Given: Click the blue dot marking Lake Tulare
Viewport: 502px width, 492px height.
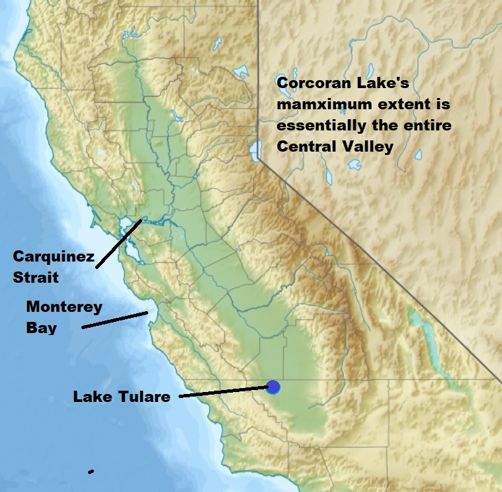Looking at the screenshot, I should [x=274, y=387].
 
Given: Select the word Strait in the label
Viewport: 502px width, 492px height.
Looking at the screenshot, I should [x=36, y=277].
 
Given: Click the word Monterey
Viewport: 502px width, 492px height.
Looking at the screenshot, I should [x=64, y=307].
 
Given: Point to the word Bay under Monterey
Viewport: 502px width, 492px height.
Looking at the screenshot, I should [x=41, y=327].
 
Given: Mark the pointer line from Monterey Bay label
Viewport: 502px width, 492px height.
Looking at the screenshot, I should [x=114, y=320].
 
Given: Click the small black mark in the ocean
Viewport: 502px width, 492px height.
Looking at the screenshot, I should [x=91, y=471].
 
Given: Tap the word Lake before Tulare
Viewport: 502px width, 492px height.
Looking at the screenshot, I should [x=89, y=397].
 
